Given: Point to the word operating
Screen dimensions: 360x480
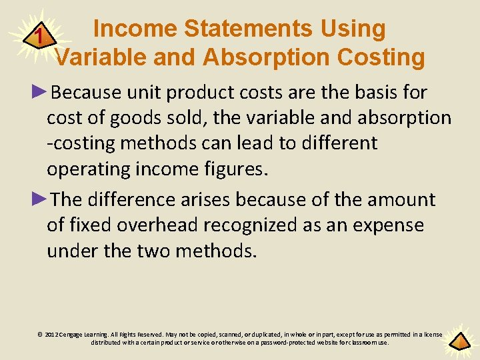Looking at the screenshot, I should (x=87, y=169).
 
